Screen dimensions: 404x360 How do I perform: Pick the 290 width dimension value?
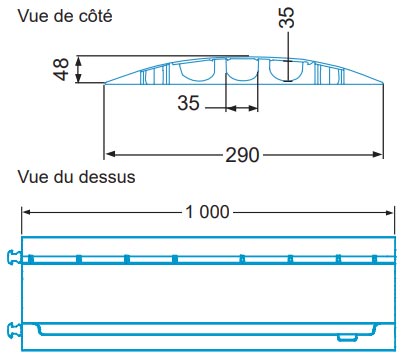coord(243,154)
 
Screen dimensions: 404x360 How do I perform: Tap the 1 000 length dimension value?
coord(208,211)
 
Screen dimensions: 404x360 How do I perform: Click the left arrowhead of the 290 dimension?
coord(111,154)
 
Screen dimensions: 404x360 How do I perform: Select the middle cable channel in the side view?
coord(242,70)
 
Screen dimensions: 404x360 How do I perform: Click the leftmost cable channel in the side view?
coord(199,70)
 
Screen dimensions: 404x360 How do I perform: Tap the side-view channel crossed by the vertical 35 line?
coord(288,70)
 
